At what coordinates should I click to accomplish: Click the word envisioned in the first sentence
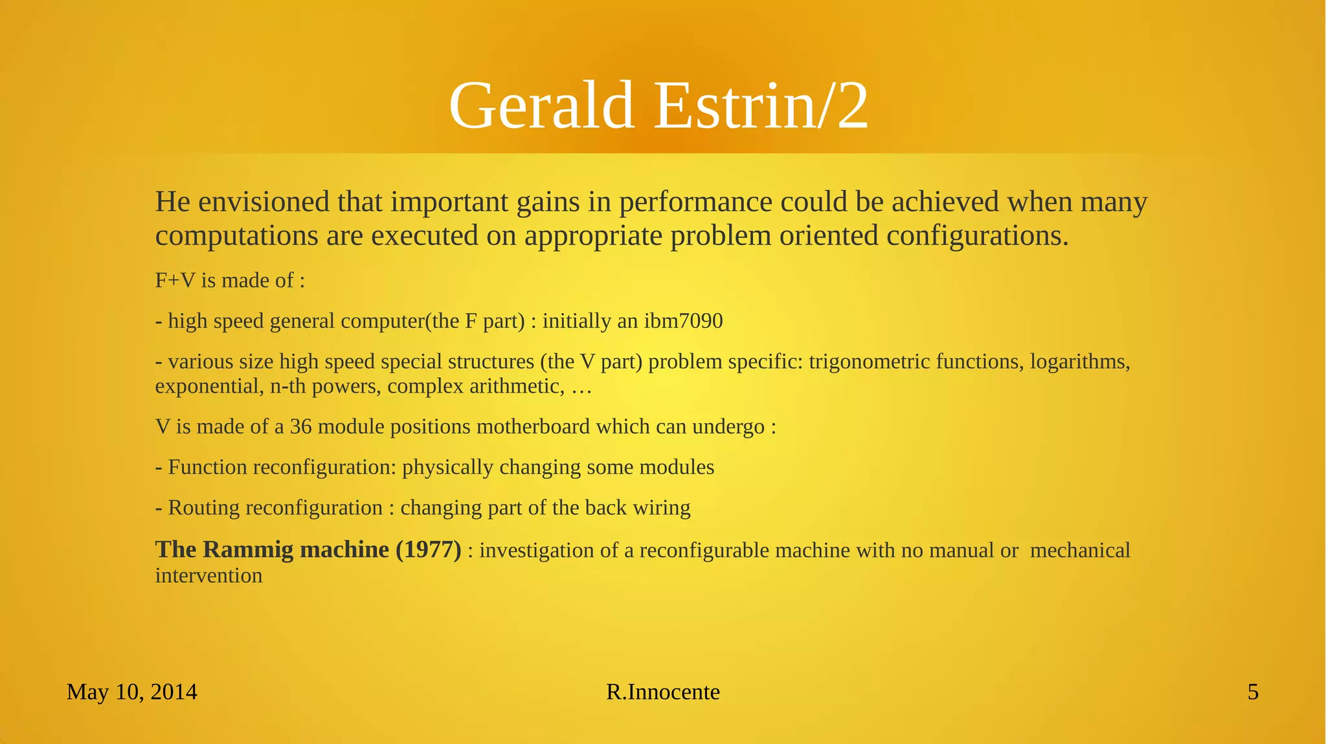(264, 202)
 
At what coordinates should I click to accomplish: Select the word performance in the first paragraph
(695, 202)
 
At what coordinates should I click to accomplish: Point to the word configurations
(976, 235)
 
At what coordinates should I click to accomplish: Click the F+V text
(175, 280)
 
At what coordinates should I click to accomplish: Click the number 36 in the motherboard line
(300, 427)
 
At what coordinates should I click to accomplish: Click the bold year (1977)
(428, 549)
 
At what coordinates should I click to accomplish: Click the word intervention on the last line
(208, 575)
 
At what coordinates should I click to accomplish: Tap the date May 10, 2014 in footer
(131, 692)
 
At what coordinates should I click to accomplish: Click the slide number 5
(1253, 692)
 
